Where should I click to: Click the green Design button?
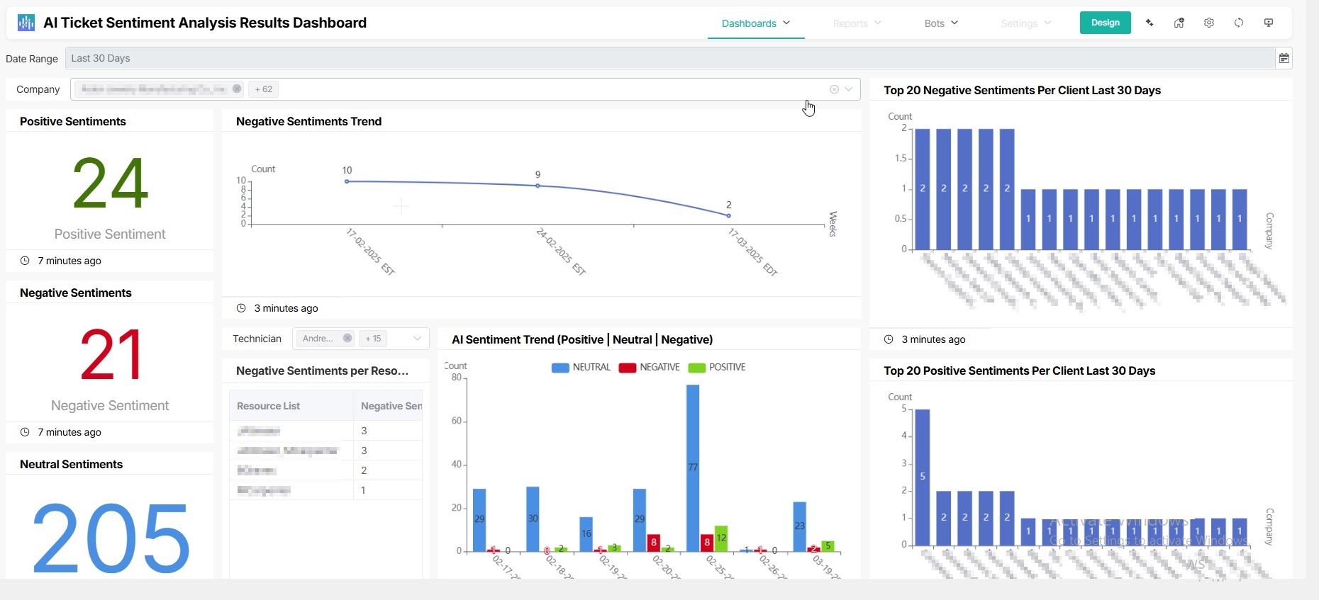[x=1105, y=23]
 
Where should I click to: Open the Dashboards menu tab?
[x=755, y=23]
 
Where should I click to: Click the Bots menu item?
[x=940, y=23]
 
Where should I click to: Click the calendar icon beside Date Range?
[x=1284, y=58]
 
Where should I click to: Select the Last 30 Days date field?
[x=667, y=58]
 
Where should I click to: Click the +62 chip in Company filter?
[x=264, y=89]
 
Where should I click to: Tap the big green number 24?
[x=110, y=183]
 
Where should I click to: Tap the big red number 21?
[x=110, y=355]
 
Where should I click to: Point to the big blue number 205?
[x=110, y=536]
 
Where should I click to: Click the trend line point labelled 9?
[x=538, y=186]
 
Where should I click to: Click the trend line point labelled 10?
[x=347, y=181]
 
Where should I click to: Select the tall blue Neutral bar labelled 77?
[x=693, y=468]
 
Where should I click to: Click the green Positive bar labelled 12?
[x=721, y=538]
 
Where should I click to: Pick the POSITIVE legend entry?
[x=717, y=367]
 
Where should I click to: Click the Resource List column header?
[x=269, y=406]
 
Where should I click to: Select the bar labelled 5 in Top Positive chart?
[x=923, y=477]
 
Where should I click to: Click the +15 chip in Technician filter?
[x=373, y=339]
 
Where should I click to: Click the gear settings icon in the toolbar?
[x=1209, y=23]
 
